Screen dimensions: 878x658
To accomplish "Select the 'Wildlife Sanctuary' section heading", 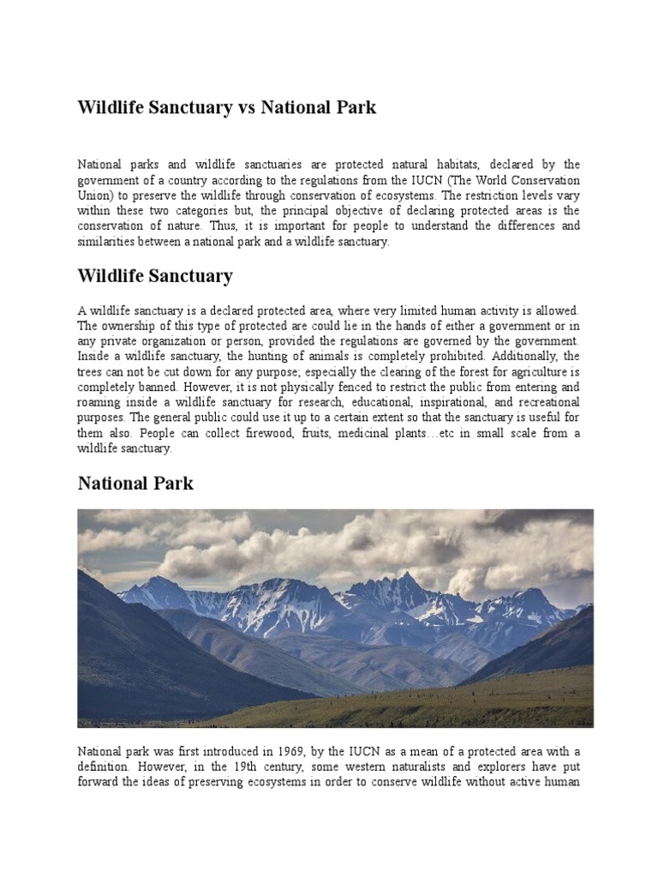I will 155,276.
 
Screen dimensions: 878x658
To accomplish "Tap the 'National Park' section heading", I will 135,484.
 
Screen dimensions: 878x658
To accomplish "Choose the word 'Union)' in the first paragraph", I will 98,195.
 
